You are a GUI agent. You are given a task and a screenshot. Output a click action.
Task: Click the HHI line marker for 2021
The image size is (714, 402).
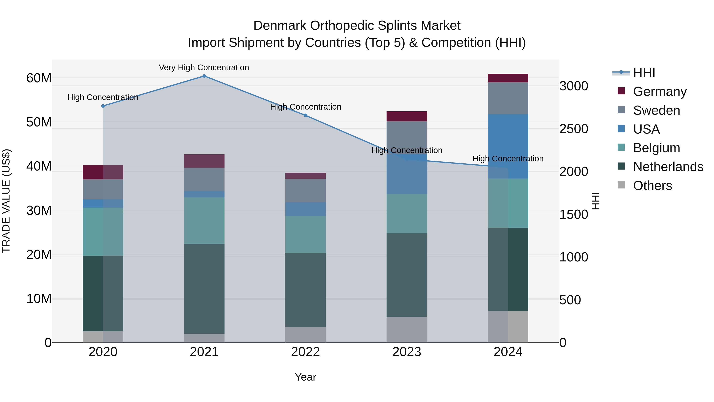click(x=204, y=76)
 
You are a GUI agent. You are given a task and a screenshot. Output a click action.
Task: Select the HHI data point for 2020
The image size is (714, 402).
click(x=103, y=106)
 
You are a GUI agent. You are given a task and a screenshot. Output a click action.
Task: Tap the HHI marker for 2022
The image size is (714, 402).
click(x=305, y=115)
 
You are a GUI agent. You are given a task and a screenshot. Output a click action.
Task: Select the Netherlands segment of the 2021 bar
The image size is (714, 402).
click(x=204, y=288)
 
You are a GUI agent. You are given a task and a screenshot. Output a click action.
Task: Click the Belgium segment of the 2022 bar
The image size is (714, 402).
click(x=305, y=234)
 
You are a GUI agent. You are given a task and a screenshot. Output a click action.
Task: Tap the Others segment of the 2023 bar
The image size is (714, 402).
click(x=407, y=330)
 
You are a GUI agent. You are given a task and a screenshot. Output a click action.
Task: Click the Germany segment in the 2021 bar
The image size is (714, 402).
click(x=204, y=161)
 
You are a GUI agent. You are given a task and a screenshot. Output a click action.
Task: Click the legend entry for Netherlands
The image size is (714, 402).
click(x=668, y=167)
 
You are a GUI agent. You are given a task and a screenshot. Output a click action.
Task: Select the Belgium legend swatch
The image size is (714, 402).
click(x=621, y=147)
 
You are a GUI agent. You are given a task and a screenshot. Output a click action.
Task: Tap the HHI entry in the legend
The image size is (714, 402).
click(x=644, y=73)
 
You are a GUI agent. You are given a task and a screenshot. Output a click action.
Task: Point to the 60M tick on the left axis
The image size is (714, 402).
click(x=39, y=78)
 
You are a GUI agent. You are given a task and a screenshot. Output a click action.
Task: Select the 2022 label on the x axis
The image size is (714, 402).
click(x=305, y=352)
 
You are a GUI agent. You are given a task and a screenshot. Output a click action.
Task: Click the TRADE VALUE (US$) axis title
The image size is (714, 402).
click(x=6, y=201)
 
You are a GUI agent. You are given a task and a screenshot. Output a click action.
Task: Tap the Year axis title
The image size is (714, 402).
click(x=305, y=377)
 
